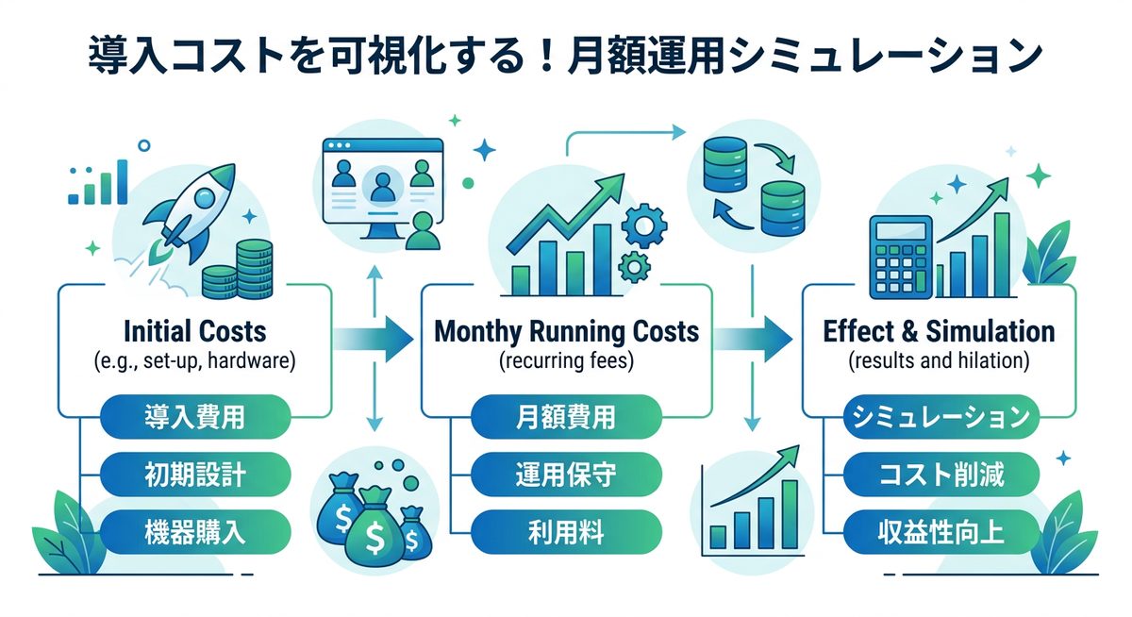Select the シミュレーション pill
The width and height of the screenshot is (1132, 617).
click(940, 417)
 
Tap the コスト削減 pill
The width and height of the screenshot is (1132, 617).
click(940, 473)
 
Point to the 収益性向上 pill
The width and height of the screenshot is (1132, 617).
click(940, 530)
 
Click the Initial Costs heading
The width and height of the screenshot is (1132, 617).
click(195, 332)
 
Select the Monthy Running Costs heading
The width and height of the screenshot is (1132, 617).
click(566, 332)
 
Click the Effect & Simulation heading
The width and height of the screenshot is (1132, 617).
click(939, 332)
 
